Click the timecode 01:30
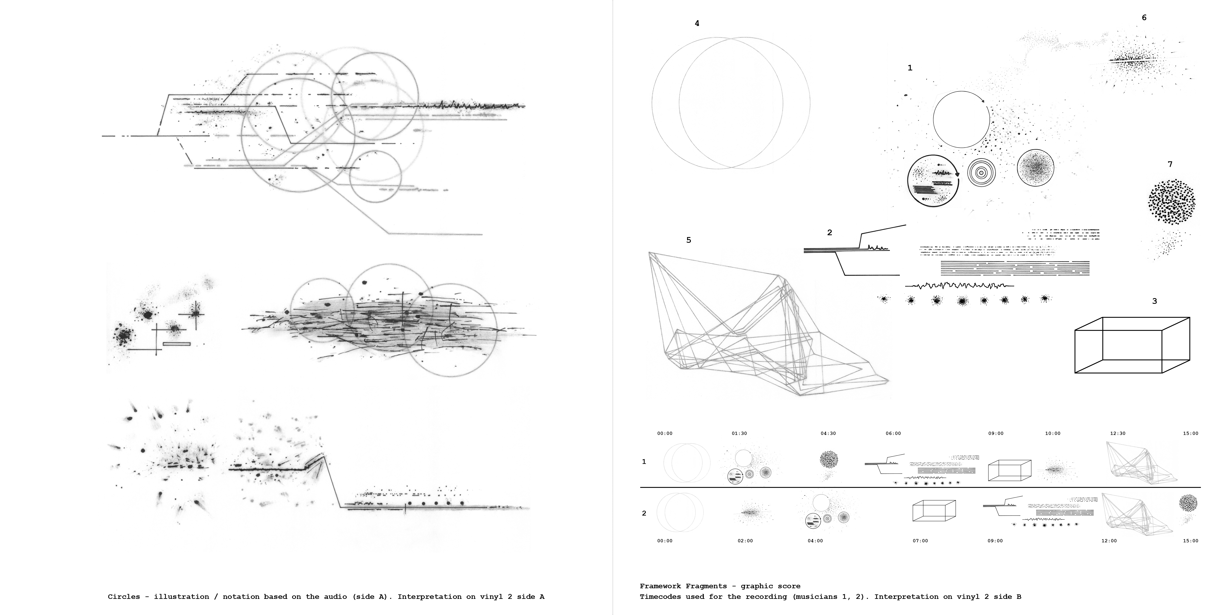739,433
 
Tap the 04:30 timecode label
828,433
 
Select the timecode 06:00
893,433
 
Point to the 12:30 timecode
1118,433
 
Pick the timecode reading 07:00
920,541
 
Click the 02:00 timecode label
745,541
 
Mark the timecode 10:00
1052,433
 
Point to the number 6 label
1144,18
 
